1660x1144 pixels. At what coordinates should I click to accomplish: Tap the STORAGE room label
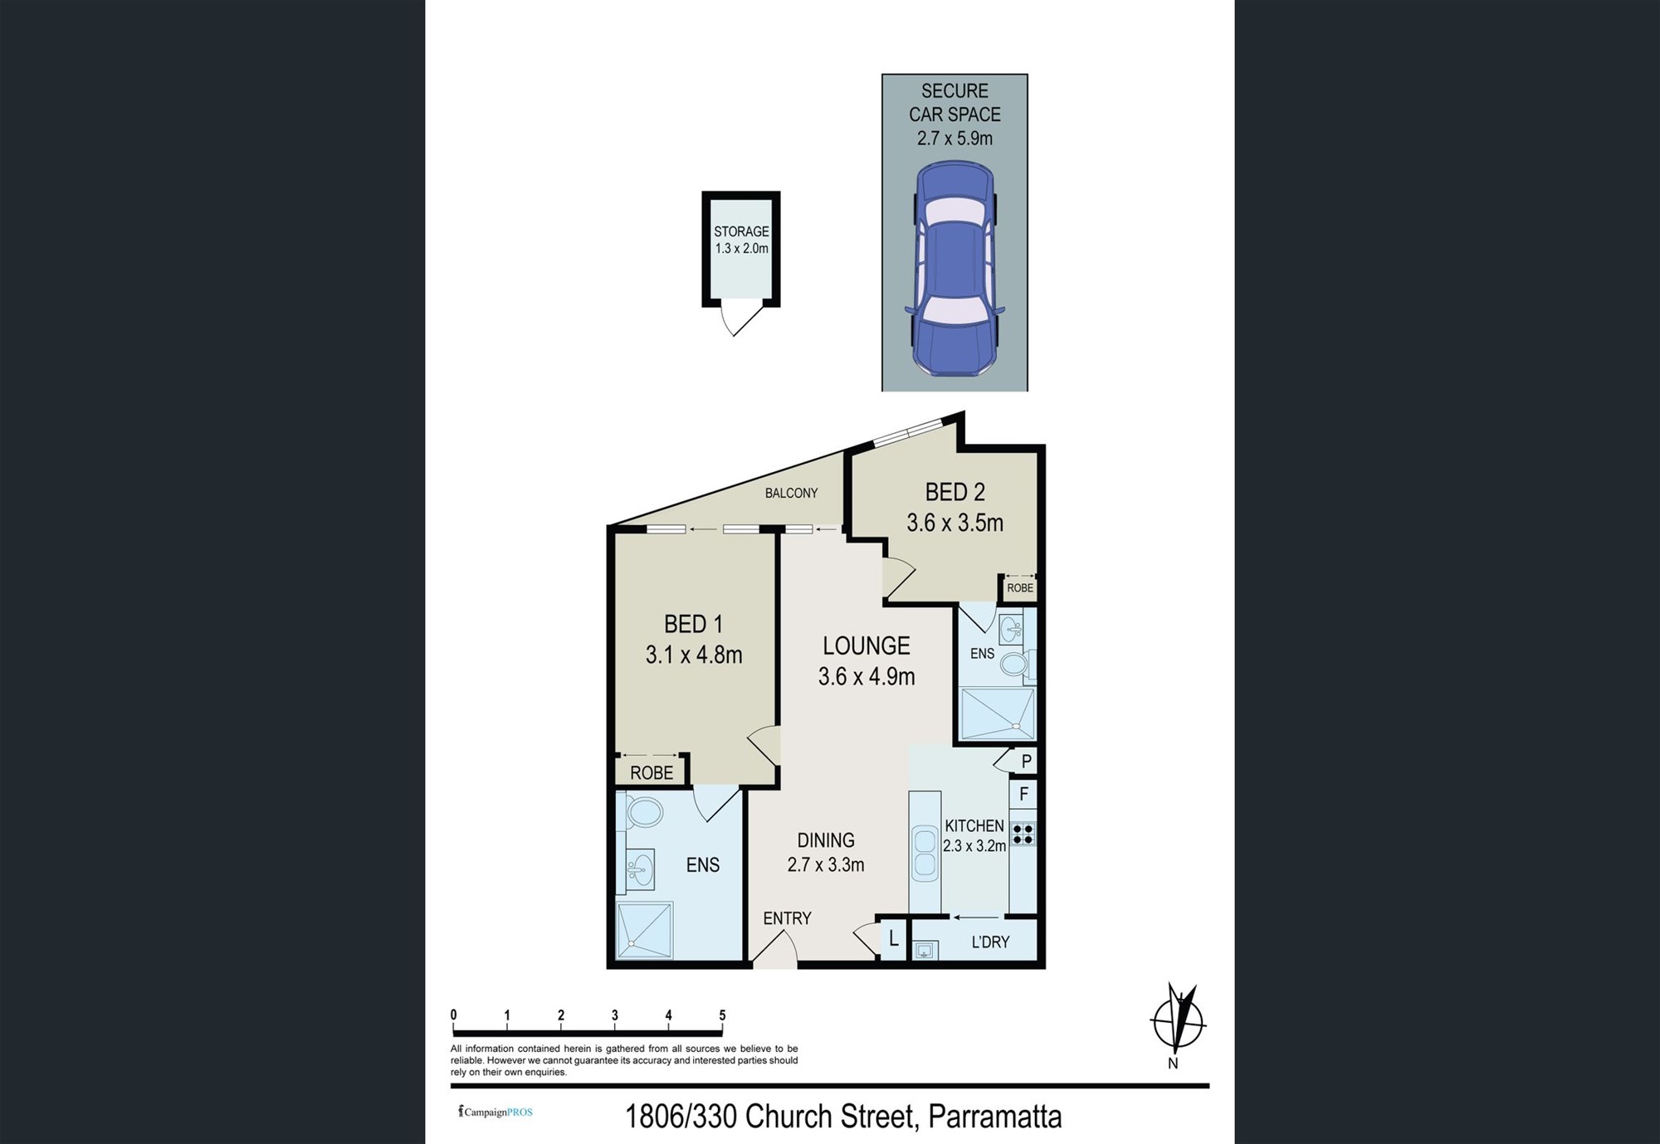pos(741,231)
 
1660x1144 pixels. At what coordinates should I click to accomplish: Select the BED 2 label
pos(954,492)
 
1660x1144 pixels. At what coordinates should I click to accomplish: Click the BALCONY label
pos(791,493)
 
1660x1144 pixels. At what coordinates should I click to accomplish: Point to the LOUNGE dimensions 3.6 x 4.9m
pos(867,677)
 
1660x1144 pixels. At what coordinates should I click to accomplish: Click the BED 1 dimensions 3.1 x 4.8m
pos(694,655)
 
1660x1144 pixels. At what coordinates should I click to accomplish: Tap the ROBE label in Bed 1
pos(652,773)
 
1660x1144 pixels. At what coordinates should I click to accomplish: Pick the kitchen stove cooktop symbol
pos(1023,834)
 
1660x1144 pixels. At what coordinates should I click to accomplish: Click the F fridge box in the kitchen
pos(1023,794)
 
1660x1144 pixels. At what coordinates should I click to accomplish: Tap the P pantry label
pos(1027,761)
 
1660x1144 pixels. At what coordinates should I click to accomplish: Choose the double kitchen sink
pos(924,854)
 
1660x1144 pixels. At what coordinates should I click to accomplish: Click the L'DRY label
pos(990,942)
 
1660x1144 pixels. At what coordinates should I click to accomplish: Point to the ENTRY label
pos(787,918)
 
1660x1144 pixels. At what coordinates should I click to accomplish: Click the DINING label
pos(826,840)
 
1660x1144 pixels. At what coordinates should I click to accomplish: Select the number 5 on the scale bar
pos(722,1015)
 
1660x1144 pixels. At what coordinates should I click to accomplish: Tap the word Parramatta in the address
pos(994,1117)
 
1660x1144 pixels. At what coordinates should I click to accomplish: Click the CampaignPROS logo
pos(496,1112)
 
